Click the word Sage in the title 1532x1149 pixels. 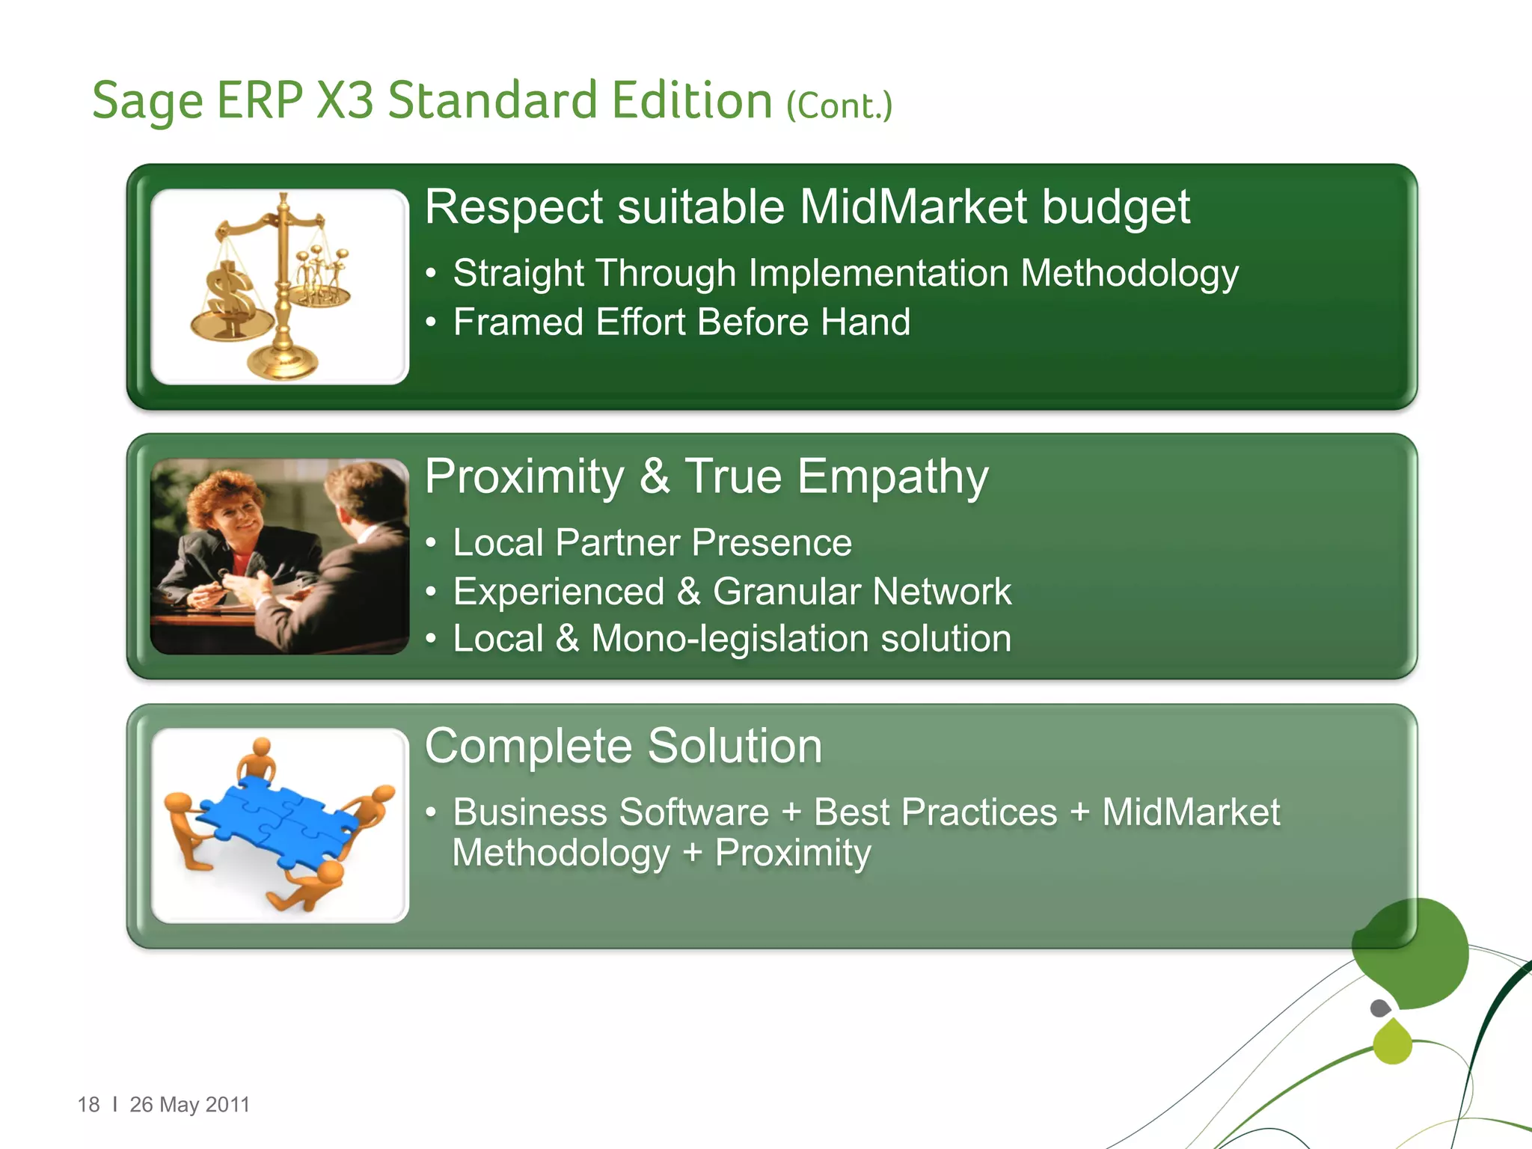pyautogui.click(x=147, y=102)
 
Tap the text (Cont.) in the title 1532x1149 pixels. pyautogui.click(x=839, y=106)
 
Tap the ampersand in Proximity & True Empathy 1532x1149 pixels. pyautogui.click(x=655, y=477)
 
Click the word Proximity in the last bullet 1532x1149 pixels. pyautogui.click(x=793, y=854)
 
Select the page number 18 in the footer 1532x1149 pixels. pyautogui.click(x=88, y=1105)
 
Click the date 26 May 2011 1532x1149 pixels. pyautogui.click(x=189, y=1105)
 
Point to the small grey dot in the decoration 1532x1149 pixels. pyautogui.click(x=1380, y=1008)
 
